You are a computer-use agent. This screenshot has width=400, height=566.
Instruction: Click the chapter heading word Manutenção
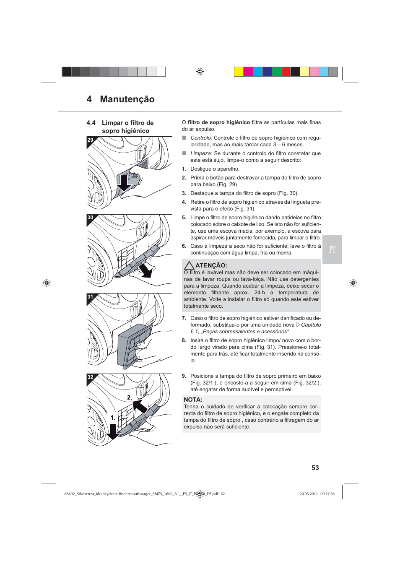click(127, 99)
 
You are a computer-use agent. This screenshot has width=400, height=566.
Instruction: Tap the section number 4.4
click(91, 123)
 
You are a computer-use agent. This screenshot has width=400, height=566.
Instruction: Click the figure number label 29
click(90, 140)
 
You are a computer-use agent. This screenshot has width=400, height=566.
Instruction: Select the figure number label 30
click(90, 218)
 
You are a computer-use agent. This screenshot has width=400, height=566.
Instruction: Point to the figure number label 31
click(90, 297)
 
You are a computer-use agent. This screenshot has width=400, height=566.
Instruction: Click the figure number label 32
click(90, 377)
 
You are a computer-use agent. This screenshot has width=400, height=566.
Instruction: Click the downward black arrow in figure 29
click(124, 183)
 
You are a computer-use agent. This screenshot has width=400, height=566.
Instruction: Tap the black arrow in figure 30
click(145, 270)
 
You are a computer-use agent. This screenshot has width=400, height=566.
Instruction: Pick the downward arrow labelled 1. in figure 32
click(112, 431)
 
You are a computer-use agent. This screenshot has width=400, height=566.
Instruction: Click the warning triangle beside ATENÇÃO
click(189, 265)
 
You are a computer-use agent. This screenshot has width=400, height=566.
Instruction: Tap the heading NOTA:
click(193, 400)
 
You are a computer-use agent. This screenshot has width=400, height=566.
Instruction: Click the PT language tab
click(332, 249)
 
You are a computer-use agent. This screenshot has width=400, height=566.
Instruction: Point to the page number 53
click(315, 468)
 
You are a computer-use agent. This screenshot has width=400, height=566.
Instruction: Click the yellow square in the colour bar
click(239, 72)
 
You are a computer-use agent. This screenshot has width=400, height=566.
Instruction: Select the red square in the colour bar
click(286, 72)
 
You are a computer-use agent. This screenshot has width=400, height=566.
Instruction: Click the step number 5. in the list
click(184, 218)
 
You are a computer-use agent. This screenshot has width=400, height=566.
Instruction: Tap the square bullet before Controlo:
click(184, 138)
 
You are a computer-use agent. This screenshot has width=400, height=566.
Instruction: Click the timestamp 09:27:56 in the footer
click(327, 494)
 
